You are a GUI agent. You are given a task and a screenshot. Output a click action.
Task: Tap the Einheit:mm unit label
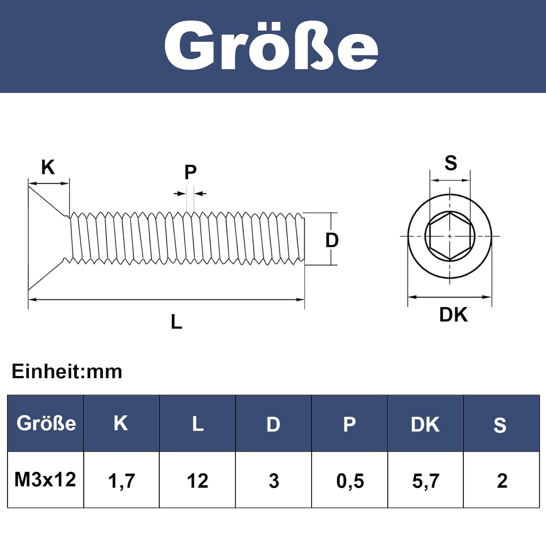point(67,372)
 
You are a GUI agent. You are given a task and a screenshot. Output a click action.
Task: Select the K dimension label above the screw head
point(48,167)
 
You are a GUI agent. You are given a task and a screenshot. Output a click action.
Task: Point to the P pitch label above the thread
point(190,172)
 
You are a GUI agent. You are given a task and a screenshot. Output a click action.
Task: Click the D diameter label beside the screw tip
point(332,240)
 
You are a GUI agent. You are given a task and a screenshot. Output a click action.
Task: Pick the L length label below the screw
point(177,322)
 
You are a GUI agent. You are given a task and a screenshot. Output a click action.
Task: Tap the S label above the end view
point(451,163)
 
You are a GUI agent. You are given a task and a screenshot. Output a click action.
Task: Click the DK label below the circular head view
point(453,314)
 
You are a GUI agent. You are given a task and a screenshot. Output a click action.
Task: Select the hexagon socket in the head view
point(450,236)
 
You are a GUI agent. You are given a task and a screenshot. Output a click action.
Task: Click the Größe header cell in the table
point(46,423)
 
